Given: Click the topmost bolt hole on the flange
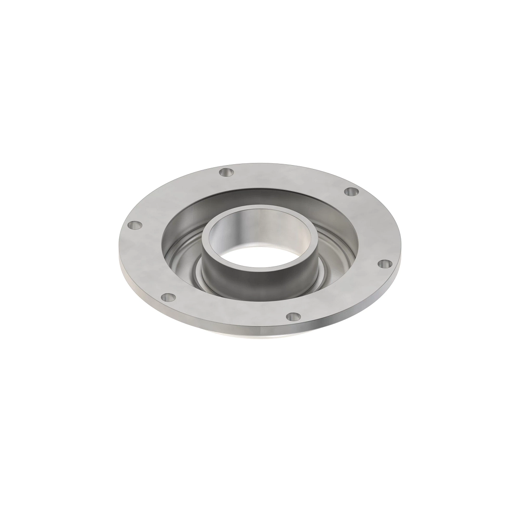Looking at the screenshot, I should (226, 172).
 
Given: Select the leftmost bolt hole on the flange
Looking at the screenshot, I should (136, 225).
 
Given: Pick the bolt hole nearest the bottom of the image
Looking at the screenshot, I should (294, 317).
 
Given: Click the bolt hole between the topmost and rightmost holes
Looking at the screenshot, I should (351, 192).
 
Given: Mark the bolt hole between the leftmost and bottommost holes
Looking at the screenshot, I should (168, 297).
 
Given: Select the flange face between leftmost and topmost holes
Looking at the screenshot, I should (173, 195).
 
